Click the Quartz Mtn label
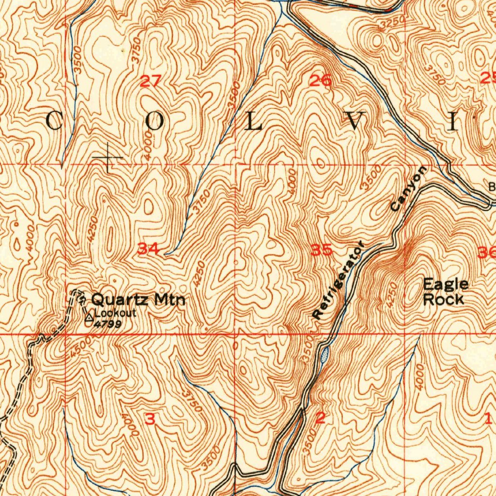pos(138,299)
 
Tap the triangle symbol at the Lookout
pos(89,318)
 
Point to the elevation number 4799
pos(108,324)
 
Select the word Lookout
pos(115,313)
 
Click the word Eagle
pos(446,284)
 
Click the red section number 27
pos(150,81)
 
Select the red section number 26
pos(321,81)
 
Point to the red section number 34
pos(148,249)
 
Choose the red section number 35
pos(322,250)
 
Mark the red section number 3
pos(150,419)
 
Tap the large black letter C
pos(55,121)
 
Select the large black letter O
pos(155,121)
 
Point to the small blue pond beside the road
pos(324,355)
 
